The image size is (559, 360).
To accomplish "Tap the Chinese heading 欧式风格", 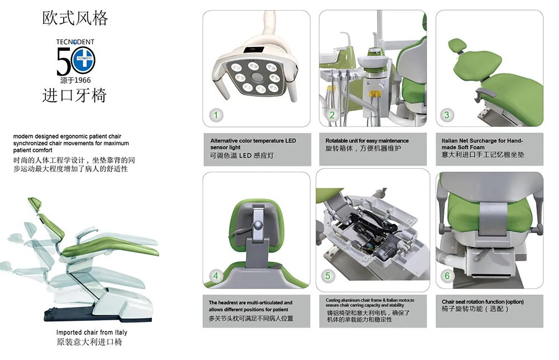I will click(x=75, y=18).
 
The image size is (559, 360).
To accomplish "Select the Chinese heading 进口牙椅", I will click(x=75, y=95).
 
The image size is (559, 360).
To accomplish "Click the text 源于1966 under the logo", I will click(x=75, y=80).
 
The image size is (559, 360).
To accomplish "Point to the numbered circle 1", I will click(x=217, y=115).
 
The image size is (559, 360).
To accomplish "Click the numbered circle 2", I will click(x=331, y=115).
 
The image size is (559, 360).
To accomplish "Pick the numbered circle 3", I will click(x=446, y=115).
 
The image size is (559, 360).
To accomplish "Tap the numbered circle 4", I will click(x=216, y=275).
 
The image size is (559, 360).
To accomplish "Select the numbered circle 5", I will click(x=328, y=275).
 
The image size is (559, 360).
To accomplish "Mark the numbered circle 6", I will click(x=447, y=275).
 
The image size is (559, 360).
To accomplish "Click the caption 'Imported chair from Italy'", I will click(x=92, y=333).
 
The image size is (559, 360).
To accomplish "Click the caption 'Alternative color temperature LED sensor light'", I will click(x=253, y=144).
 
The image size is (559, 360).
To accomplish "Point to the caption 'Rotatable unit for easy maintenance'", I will click(x=367, y=141).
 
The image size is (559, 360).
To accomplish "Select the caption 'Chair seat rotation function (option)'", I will click(x=483, y=302).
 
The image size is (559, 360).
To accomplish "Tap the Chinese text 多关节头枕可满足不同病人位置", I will click(x=251, y=318).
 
